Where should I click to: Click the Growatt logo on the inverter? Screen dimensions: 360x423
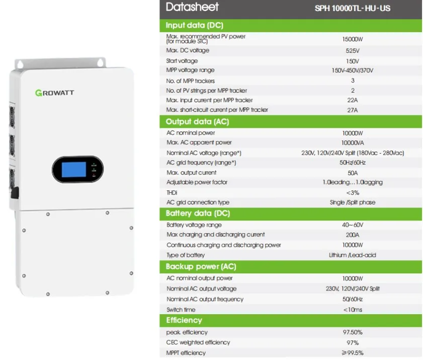(55, 92)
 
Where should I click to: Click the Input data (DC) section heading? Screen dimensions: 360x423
(195, 25)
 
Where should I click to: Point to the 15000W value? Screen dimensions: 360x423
(352, 39)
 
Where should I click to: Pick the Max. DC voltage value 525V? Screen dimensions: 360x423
(352, 51)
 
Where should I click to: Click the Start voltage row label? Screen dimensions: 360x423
(182, 61)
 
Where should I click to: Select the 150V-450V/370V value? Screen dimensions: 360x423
(352, 70)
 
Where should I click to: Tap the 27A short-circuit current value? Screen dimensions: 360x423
(352, 110)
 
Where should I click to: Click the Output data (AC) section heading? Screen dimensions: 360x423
(197, 122)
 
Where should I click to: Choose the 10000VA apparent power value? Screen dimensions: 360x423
(352, 143)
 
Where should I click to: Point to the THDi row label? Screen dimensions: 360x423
(172, 192)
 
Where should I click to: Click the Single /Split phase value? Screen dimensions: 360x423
(352, 202)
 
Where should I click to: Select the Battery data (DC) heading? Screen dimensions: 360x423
(197, 213)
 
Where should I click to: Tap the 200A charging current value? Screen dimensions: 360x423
(352, 235)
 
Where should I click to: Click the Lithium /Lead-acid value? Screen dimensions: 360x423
(352, 255)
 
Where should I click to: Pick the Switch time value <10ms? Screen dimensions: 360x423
(352, 310)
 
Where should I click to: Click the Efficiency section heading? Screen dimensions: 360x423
(184, 320)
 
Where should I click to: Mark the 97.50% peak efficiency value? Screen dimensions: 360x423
(352, 332)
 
